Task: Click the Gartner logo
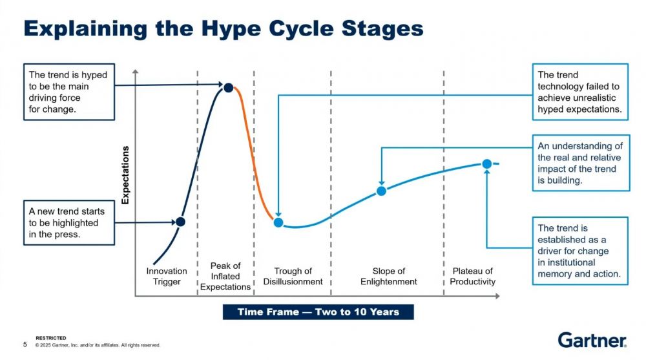pyautogui.click(x=592, y=340)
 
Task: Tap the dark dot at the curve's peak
pyautogui.click(x=228, y=87)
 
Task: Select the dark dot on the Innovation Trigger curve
pyautogui.click(x=180, y=222)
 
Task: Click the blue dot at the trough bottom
pyautogui.click(x=278, y=223)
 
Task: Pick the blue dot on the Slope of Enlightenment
pyautogui.click(x=382, y=191)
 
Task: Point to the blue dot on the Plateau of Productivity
pyautogui.click(x=487, y=164)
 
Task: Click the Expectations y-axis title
pyautogui.click(x=125, y=175)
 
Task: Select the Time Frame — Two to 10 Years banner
pyautogui.click(x=318, y=312)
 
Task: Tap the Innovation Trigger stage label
pyautogui.click(x=167, y=276)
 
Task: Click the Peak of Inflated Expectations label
pyautogui.click(x=225, y=276)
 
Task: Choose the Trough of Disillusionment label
pyautogui.click(x=293, y=276)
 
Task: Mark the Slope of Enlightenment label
pyautogui.click(x=388, y=276)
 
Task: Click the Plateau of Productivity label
pyautogui.click(x=473, y=276)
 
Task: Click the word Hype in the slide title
pyautogui.click(x=231, y=29)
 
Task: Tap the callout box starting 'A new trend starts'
pyautogui.click(x=69, y=223)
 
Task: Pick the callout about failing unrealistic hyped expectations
pyautogui.click(x=580, y=92)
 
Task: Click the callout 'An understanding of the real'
pyautogui.click(x=581, y=163)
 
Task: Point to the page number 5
pyautogui.click(x=25, y=344)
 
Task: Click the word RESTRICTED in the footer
pyautogui.click(x=50, y=338)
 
